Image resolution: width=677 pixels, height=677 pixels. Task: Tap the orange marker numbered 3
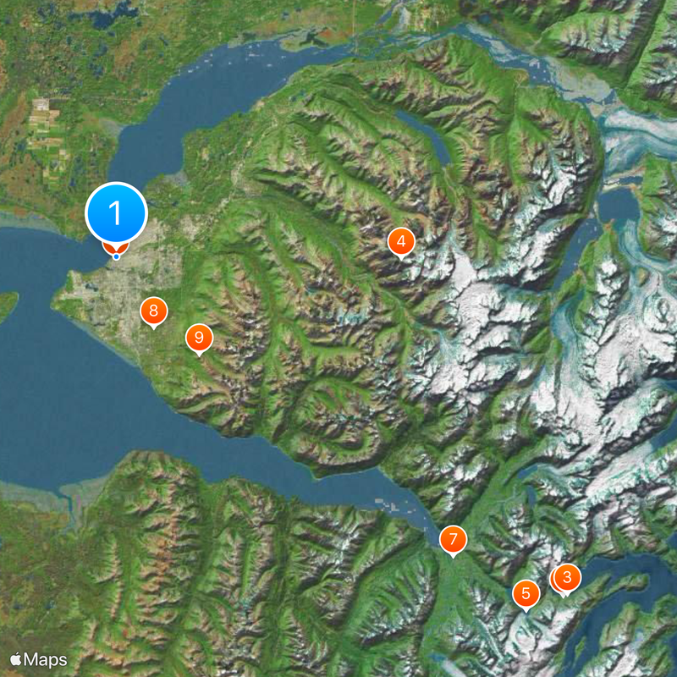[567, 578]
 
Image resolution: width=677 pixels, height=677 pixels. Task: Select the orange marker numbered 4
[401, 242]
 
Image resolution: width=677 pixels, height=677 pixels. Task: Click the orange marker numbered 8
[153, 311]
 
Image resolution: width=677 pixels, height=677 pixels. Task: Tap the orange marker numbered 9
[199, 338]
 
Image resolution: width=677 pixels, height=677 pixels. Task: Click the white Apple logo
[16, 658]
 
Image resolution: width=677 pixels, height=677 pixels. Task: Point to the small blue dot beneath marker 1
[116, 256]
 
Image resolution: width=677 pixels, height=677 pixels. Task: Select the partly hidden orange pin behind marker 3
[555, 579]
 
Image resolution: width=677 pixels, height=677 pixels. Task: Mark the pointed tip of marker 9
[199, 356]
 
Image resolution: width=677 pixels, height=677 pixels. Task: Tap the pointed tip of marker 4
[401, 261]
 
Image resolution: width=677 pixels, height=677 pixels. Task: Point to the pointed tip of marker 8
[153, 330]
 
